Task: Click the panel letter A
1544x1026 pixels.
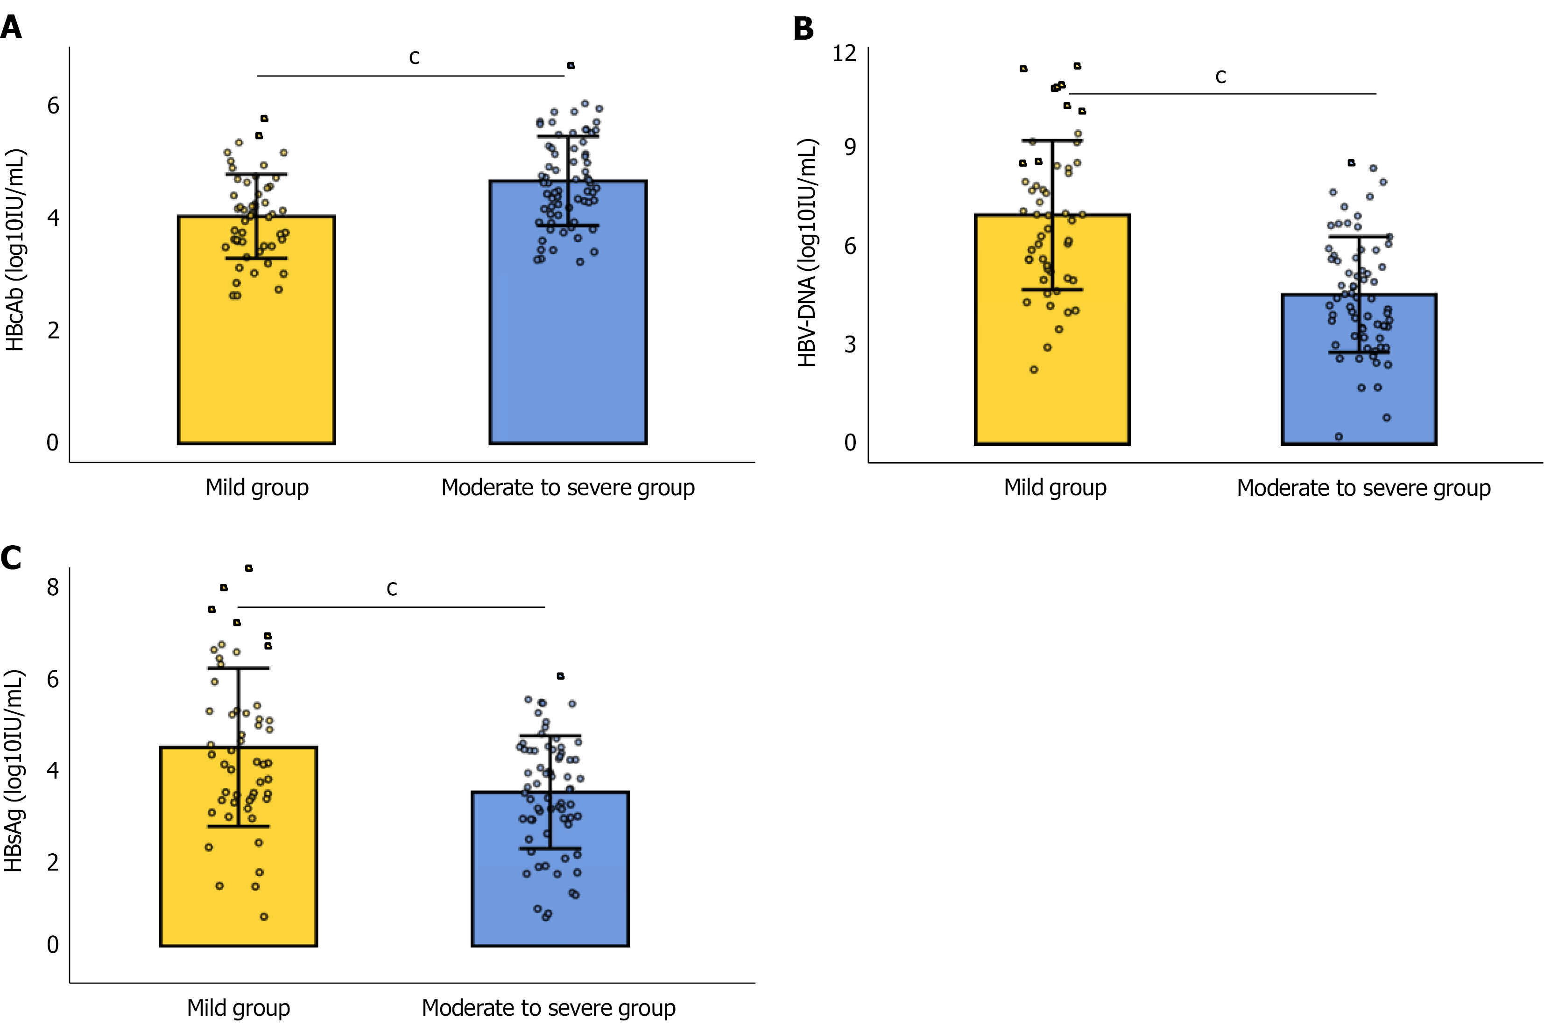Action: coord(11,28)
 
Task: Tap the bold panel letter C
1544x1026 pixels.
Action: coord(11,558)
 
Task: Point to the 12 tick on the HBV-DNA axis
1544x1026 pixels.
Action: coord(844,53)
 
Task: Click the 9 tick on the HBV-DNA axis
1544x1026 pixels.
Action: coord(850,147)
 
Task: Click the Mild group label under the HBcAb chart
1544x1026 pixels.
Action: coord(257,487)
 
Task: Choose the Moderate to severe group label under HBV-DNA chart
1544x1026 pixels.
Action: coord(1363,488)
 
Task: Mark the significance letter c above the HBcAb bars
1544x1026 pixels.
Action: coord(414,57)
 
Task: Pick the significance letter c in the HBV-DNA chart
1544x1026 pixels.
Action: coord(1220,77)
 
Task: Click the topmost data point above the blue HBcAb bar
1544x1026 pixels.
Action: coord(571,65)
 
